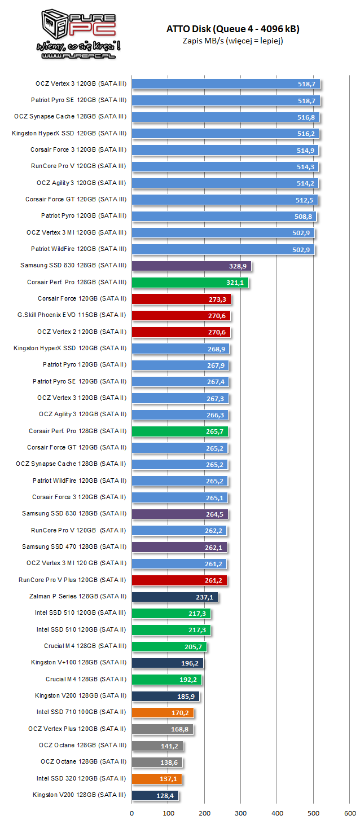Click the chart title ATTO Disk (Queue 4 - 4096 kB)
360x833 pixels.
pyautogui.click(x=232, y=29)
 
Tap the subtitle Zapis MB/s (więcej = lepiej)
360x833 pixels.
pyautogui.click(x=232, y=40)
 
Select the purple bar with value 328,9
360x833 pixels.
pyautogui.click(x=191, y=266)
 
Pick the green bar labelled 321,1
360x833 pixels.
pyautogui.click(x=190, y=282)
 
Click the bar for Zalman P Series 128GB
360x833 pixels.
pyautogui.click(x=174, y=597)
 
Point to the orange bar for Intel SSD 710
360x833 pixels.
pyautogui.click(x=163, y=712)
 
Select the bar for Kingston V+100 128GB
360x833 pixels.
pyautogui.click(x=167, y=663)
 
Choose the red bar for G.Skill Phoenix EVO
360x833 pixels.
pyautogui.click(x=181, y=315)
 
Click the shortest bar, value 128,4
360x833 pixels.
pyautogui.click(x=155, y=795)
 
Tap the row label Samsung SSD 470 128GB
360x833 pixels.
pyautogui.click(x=74, y=546)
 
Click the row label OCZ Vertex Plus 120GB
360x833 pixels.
pyautogui.click(x=77, y=729)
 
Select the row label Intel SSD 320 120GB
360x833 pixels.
pyautogui.click(x=82, y=778)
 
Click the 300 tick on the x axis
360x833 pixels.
pyautogui.click(x=241, y=813)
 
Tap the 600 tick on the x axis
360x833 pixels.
pyautogui.click(x=350, y=813)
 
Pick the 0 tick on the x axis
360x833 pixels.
pyautogui.click(x=132, y=813)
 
